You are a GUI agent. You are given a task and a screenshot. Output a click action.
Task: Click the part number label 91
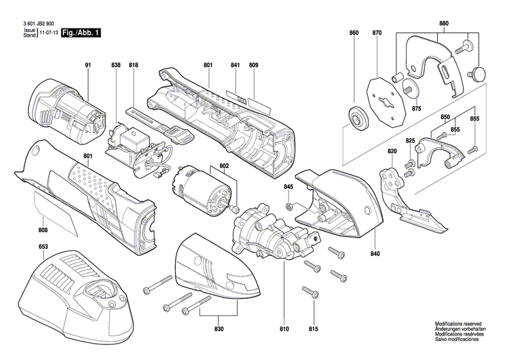[x=88, y=65]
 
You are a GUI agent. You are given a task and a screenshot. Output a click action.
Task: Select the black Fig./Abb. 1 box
[x=81, y=33]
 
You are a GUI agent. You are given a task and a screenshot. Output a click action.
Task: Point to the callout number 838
[x=116, y=65]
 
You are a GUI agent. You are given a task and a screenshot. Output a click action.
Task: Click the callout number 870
[x=377, y=33]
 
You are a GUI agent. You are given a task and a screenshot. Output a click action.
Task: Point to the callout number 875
[x=416, y=109]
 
